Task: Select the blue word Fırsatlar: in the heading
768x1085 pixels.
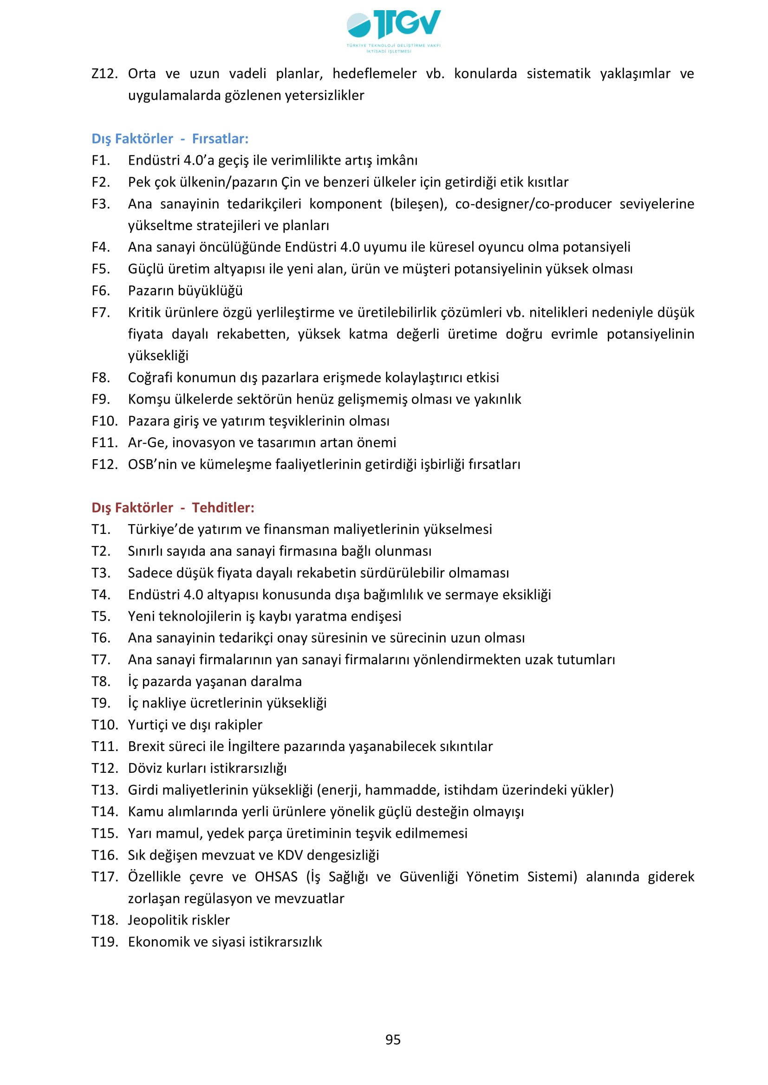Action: coord(220,138)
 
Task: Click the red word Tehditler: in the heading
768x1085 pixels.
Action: coord(223,507)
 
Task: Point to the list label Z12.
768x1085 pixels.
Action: coord(104,74)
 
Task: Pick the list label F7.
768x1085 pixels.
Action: coord(101,312)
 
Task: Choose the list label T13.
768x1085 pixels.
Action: coord(104,790)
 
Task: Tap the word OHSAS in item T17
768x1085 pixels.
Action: coord(276,877)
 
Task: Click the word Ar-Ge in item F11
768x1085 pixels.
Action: coord(147,443)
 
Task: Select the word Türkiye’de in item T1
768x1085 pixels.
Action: coord(161,529)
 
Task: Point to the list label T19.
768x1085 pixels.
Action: coord(104,942)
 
